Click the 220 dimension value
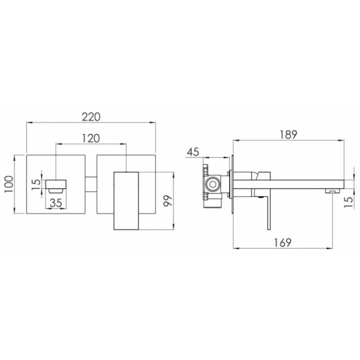point(91,117)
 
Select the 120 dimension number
point(91,138)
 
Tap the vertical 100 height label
point(9,184)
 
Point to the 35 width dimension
point(56,203)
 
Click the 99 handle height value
point(167,201)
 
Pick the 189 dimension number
point(289,134)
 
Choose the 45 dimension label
point(193,152)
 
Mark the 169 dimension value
point(282,243)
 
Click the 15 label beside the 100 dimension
point(36,184)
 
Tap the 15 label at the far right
point(348,202)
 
